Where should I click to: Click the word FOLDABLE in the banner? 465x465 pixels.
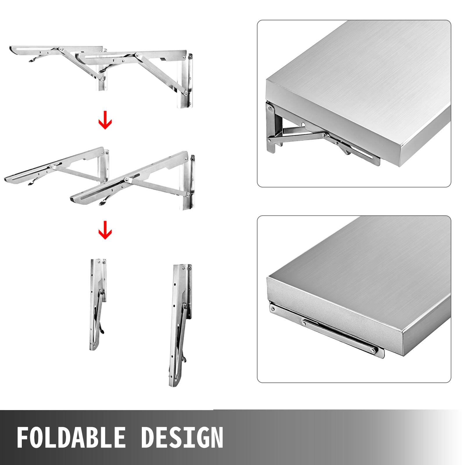tap(71, 437)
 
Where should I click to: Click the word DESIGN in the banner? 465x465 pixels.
tap(182, 437)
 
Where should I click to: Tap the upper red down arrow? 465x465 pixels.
tap(105, 120)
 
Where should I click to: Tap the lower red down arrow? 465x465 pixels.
tap(105, 230)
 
